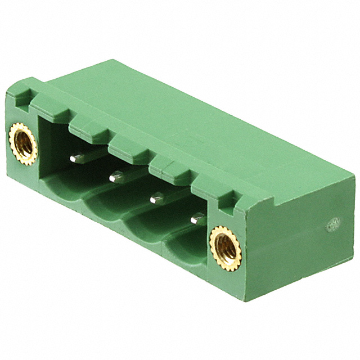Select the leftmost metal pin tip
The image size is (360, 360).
[74, 159]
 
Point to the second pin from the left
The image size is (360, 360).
[115, 178]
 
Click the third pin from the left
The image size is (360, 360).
[156, 197]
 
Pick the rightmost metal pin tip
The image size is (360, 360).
[197, 218]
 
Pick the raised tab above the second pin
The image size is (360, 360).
[128, 147]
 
